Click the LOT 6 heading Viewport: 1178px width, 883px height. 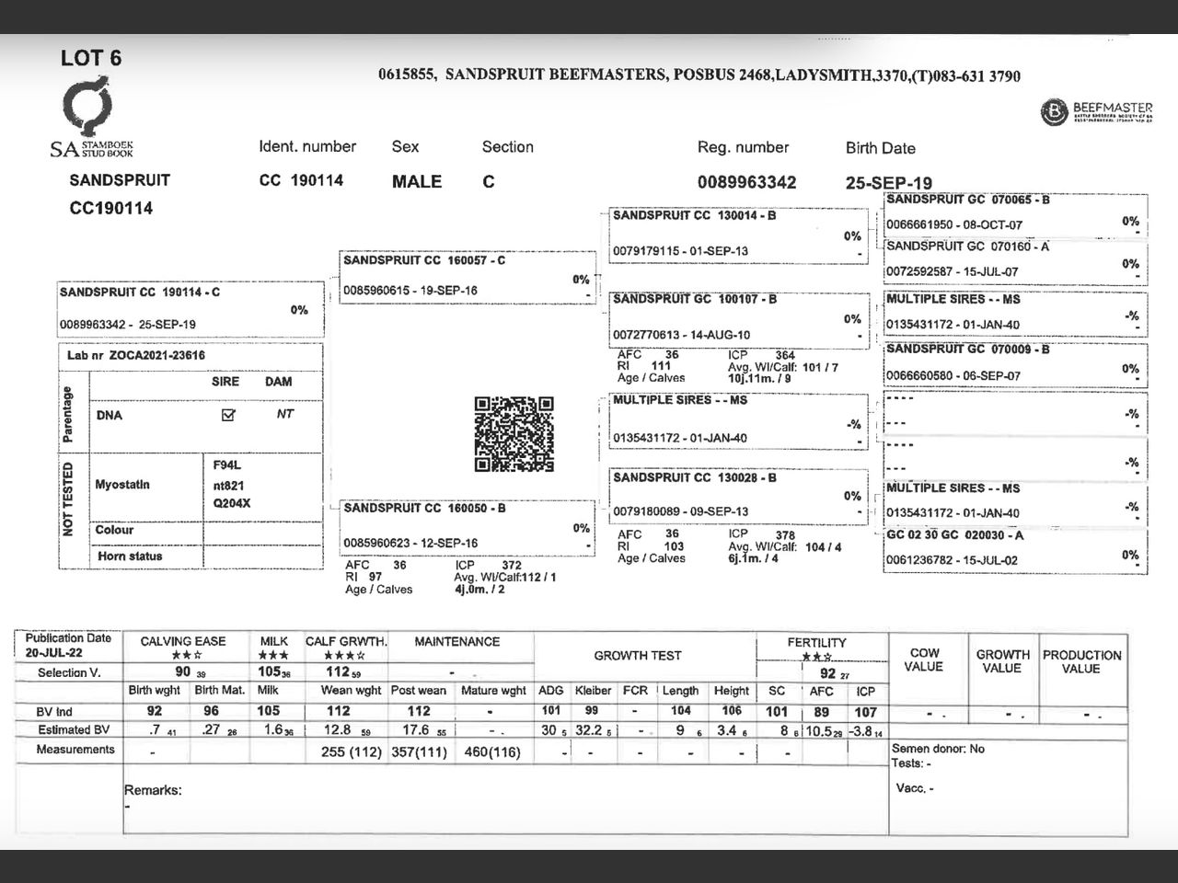pos(90,58)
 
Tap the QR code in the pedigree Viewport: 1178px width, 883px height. pos(514,434)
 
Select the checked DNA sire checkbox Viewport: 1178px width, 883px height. pos(228,415)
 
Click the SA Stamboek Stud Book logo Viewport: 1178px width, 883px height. pos(90,120)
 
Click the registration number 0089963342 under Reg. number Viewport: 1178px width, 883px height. pos(746,182)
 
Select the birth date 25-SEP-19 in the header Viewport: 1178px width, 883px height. pos(888,183)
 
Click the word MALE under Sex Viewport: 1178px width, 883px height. pos(417,181)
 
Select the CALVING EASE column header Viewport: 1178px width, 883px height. pos(182,641)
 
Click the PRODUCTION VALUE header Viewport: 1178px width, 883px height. pos(1081,661)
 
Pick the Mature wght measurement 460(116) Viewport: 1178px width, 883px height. pos(492,751)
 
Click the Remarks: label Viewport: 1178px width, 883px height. pos(153,790)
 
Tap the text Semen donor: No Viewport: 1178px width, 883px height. pos(938,749)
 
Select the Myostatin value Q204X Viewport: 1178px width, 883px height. pos(232,503)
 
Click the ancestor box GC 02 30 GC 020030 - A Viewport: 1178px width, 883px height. pos(1014,547)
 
